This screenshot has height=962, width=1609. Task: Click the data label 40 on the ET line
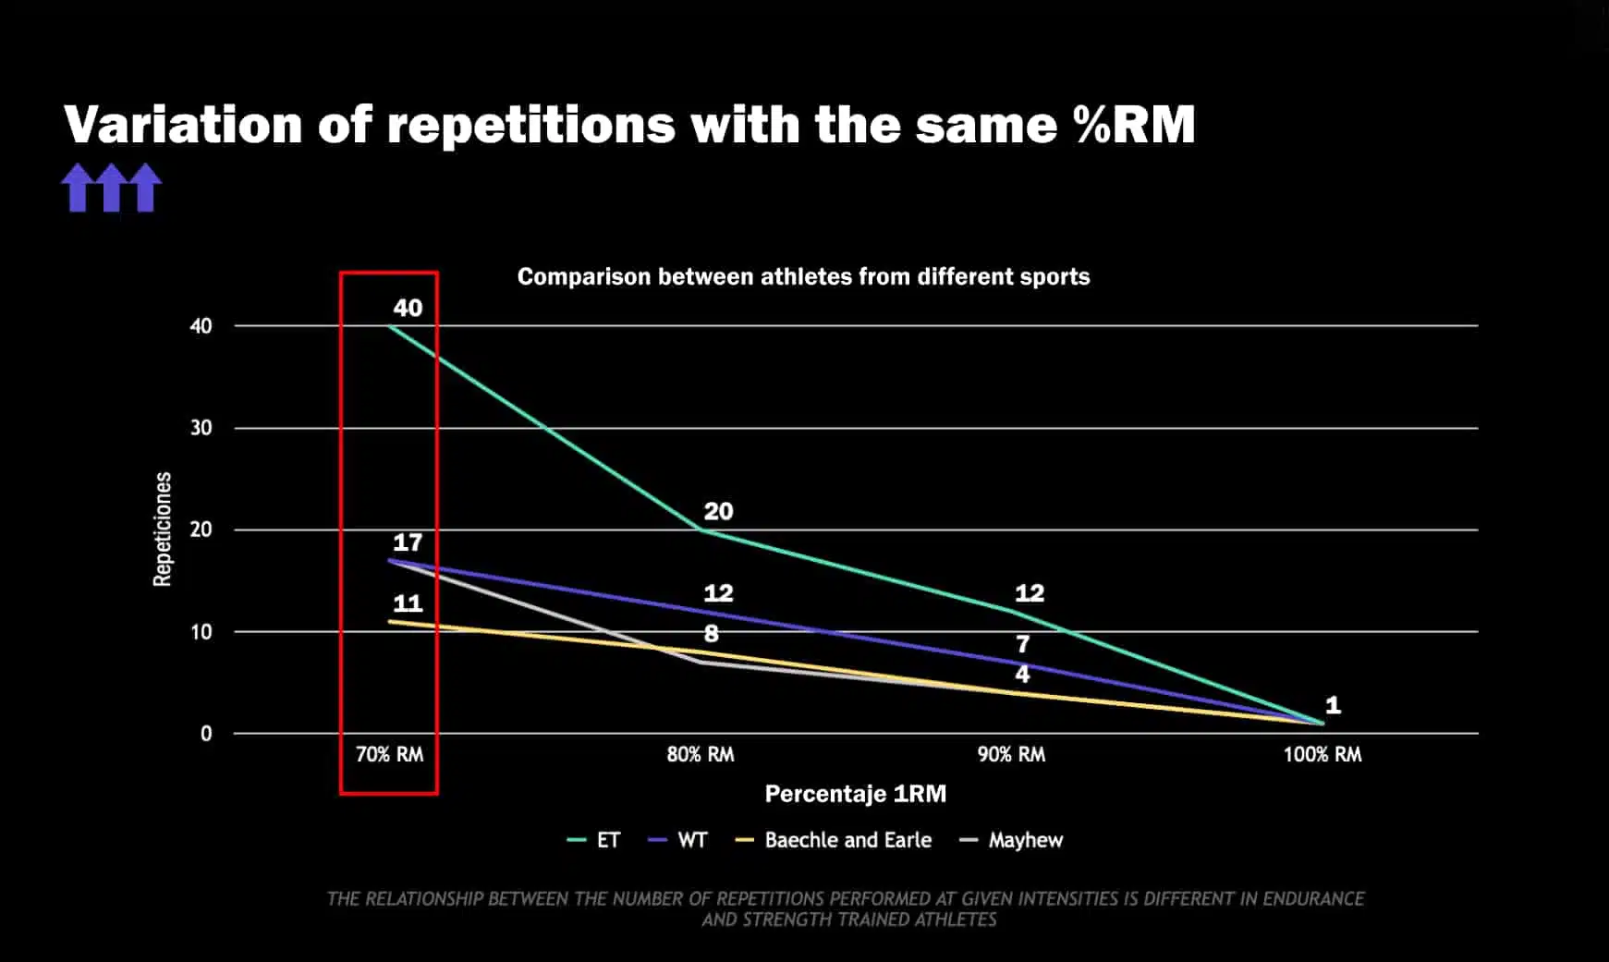(x=408, y=308)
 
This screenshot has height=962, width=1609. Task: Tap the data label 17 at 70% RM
(x=408, y=542)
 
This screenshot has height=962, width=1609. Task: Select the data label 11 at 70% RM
(x=408, y=603)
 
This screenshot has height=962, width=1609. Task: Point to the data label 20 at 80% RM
(x=718, y=511)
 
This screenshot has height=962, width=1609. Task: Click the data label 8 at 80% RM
(x=711, y=634)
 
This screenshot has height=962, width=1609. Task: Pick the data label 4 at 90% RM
(x=1022, y=674)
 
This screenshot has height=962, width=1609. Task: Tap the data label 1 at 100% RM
(x=1333, y=705)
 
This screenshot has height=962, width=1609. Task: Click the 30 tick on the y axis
(x=201, y=428)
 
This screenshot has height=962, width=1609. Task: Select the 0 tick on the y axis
(x=206, y=734)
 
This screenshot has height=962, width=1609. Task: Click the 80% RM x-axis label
(x=701, y=754)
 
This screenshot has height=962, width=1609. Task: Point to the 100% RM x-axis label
(x=1322, y=754)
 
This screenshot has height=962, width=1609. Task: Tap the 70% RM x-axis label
(x=389, y=754)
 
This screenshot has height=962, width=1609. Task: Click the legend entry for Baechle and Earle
(x=847, y=840)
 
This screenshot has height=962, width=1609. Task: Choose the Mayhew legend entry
(x=1025, y=840)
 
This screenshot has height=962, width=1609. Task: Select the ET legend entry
(x=607, y=840)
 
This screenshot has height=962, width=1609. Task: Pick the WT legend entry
(x=691, y=840)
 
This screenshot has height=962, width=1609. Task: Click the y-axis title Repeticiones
(x=163, y=529)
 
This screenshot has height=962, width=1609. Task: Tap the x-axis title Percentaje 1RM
(x=855, y=794)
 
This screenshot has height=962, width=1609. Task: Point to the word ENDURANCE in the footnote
(x=1313, y=898)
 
